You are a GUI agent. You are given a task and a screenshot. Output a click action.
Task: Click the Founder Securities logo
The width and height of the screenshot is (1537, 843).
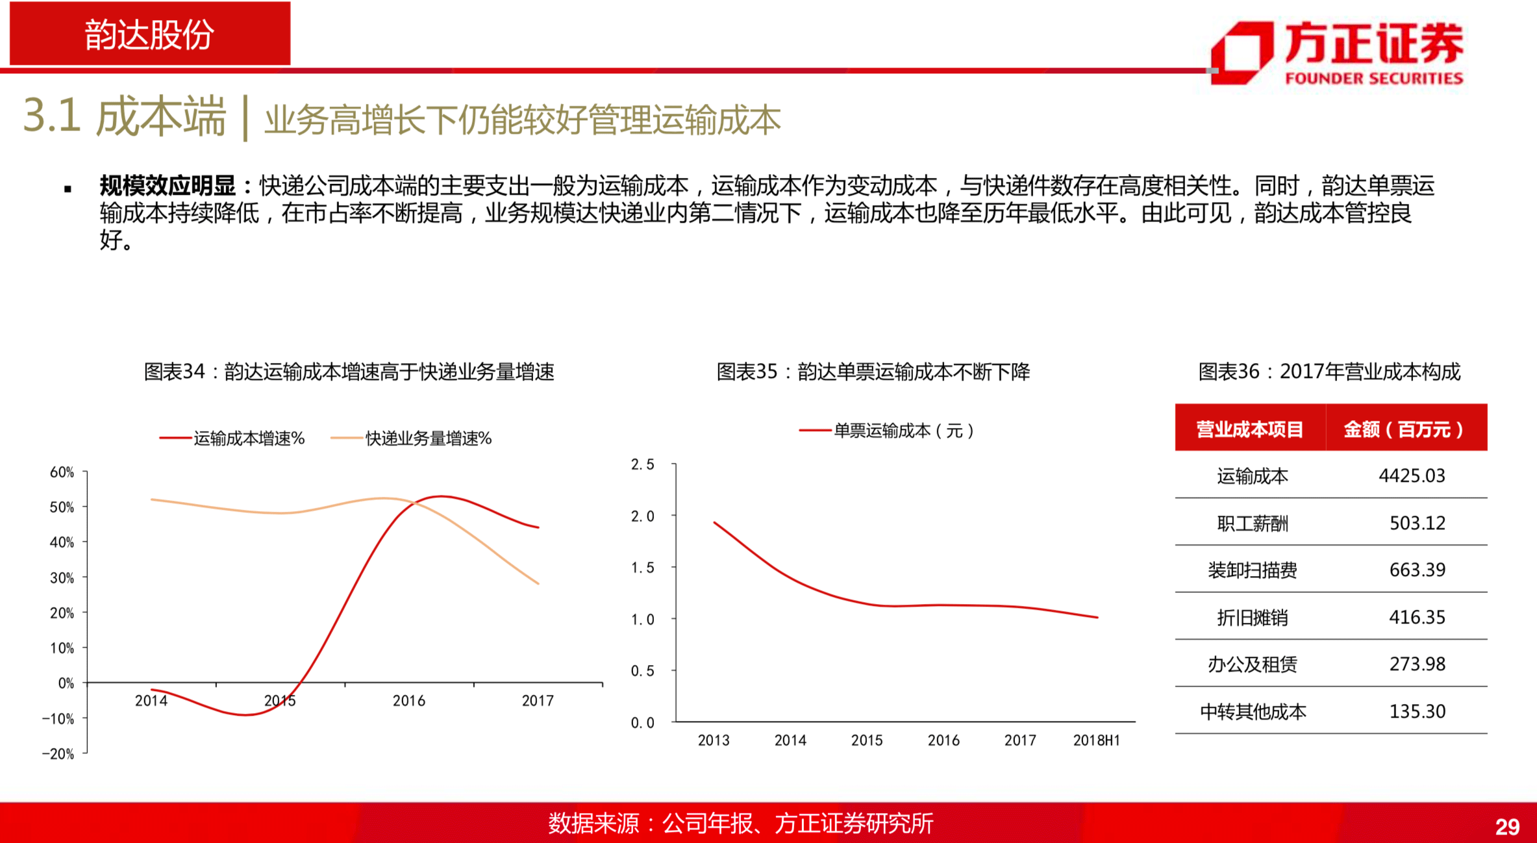pos(1336,53)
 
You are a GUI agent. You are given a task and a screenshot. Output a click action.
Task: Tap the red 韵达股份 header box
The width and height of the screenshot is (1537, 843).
pos(150,34)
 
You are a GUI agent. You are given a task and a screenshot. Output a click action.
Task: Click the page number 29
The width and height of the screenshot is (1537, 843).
pos(1507,827)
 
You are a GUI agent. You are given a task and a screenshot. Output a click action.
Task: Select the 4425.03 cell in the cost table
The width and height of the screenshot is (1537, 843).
pos(1412,475)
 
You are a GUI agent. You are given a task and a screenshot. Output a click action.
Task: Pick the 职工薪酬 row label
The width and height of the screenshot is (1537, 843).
pos(1252,523)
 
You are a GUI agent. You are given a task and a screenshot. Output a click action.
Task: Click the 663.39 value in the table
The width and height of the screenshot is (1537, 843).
pos(1417,570)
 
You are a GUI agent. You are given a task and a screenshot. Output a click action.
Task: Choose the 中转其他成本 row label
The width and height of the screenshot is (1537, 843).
pos(1253,711)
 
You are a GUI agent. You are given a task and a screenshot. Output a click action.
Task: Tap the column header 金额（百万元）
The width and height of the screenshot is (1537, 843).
pos(1404,429)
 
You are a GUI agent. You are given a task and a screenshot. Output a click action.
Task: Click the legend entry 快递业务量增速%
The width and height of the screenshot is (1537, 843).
pos(411,438)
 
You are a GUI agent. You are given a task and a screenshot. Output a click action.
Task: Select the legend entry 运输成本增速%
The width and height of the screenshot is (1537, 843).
pos(232,438)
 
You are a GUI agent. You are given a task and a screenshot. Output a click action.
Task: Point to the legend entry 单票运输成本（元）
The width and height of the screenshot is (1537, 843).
pos(886,431)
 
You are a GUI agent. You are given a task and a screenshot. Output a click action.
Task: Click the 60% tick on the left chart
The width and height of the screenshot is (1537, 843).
pos(62,472)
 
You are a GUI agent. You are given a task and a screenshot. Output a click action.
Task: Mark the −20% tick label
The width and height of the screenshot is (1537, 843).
pos(58,753)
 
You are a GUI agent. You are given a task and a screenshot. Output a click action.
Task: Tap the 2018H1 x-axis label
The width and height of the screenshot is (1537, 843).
pos(1096,740)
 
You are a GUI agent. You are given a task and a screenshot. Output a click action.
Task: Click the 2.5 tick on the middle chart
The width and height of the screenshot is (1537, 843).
pos(642,464)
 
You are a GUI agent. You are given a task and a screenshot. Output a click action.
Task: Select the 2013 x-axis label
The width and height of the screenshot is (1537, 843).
pos(714,740)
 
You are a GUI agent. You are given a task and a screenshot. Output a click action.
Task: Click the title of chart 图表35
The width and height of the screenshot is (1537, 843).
pos(873,371)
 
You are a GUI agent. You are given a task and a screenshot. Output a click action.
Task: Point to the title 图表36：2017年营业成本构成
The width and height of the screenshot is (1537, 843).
pos(1329,371)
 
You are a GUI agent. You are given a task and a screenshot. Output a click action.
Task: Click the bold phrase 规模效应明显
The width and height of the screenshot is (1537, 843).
pos(167,186)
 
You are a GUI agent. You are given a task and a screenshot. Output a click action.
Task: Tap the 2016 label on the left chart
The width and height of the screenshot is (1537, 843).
pos(409,701)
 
